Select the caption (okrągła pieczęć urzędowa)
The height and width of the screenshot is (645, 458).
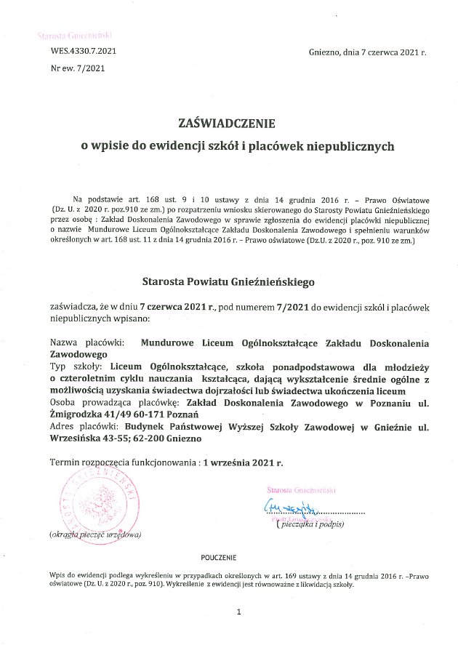point(95,534)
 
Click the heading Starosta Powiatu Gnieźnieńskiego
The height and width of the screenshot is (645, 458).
point(228,279)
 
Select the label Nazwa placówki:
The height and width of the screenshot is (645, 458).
point(87,341)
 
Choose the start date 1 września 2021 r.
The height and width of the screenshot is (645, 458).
point(243,462)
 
